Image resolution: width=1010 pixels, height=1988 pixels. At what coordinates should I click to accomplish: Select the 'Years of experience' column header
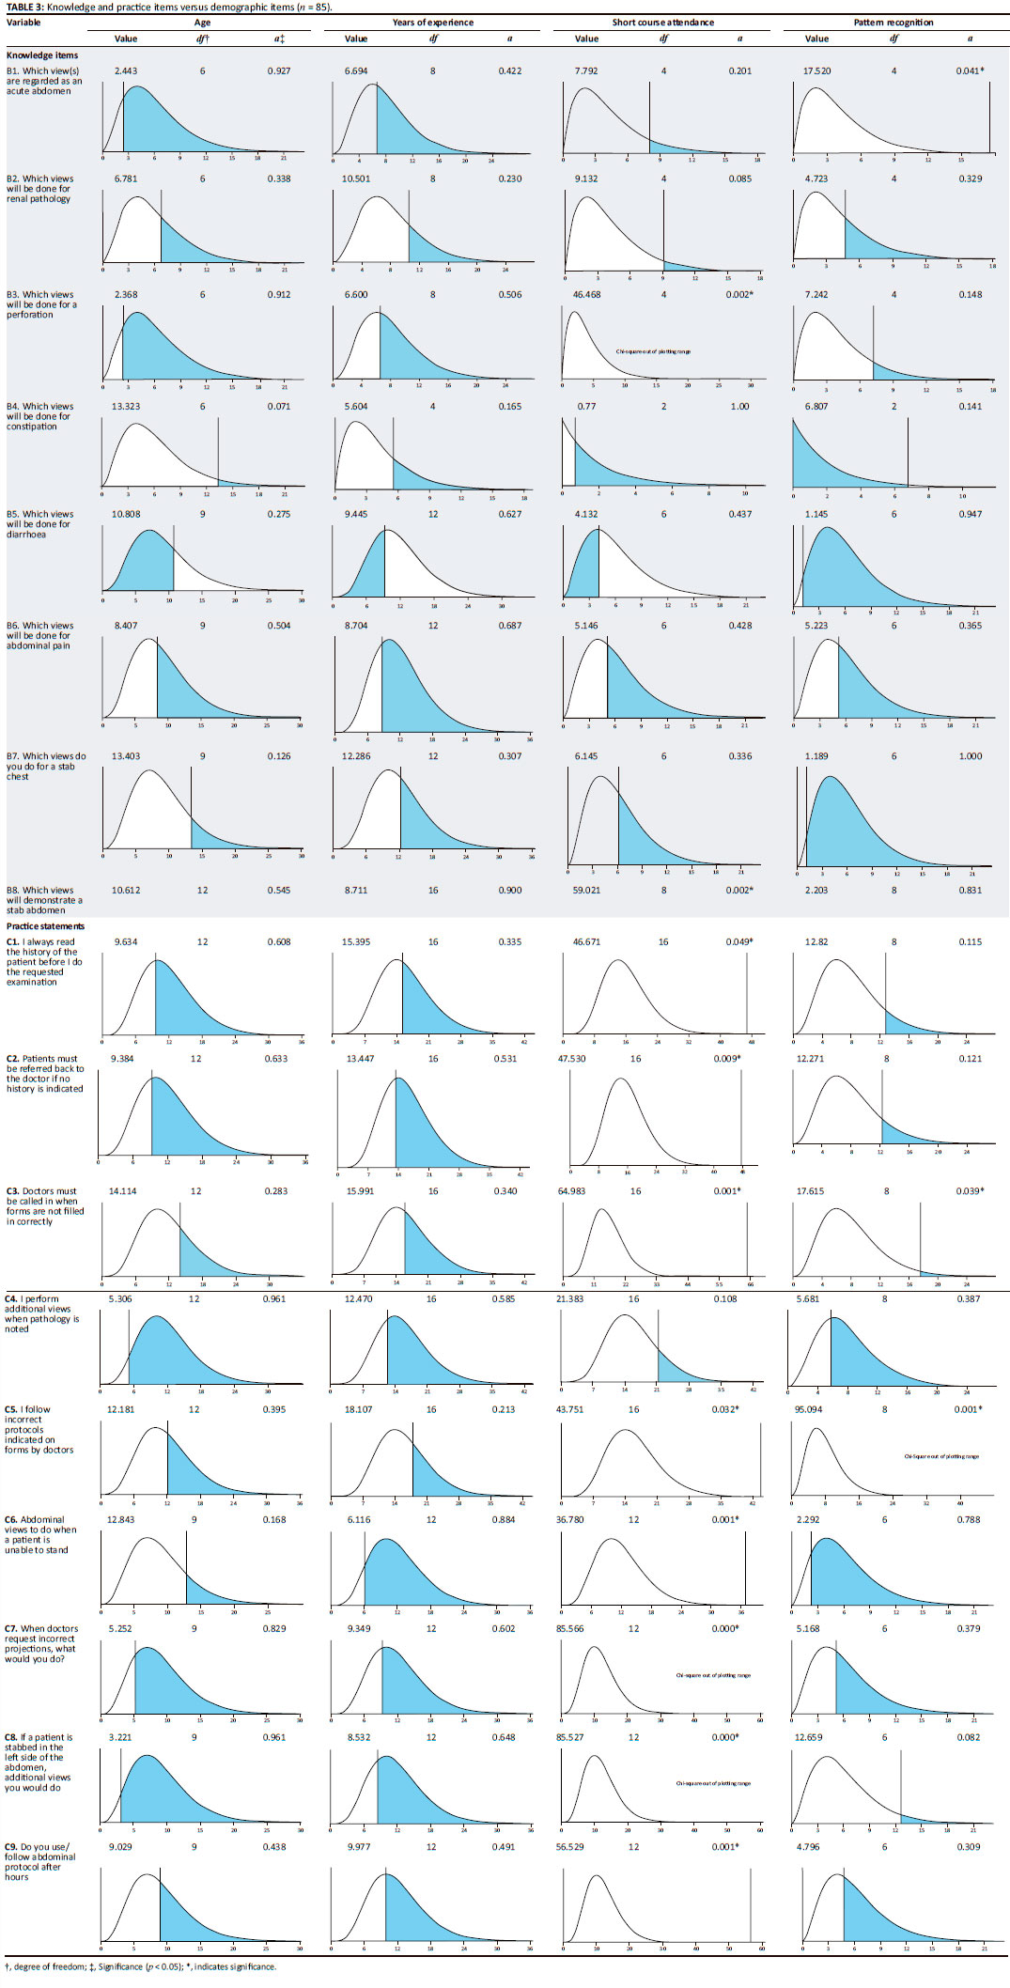(x=432, y=23)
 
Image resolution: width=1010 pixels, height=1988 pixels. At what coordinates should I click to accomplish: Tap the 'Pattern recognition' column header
(x=893, y=23)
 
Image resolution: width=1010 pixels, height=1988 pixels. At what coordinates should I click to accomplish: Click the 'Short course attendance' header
(x=662, y=23)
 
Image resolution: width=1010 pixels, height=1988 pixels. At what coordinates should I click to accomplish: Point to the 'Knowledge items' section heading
(x=42, y=55)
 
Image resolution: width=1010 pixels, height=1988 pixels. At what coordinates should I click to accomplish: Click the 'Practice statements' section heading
(x=45, y=926)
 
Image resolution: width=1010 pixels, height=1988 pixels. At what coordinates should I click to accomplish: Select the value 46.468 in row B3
(x=586, y=295)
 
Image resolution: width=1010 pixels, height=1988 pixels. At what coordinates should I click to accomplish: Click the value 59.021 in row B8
(x=586, y=891)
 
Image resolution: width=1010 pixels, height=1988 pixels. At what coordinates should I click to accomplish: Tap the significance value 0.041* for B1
(x=970, y=71)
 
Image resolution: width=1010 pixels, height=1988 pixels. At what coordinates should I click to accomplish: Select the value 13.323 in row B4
(x=126, y=407)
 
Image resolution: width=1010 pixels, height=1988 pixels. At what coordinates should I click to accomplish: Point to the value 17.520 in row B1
(x=816, y=71)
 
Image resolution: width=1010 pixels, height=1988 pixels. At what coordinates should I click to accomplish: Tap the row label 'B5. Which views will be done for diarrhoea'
(x=39, y=524)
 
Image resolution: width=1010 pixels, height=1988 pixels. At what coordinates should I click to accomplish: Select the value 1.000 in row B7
(x=970, y=756)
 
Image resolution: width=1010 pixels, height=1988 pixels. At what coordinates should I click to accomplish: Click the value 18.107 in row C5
(x=358, y=1409)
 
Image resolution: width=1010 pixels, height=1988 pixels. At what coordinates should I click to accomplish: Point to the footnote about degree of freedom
(x=141, y=1966)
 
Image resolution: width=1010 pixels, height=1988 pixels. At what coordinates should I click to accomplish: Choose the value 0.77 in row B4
(x=586, y=407)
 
